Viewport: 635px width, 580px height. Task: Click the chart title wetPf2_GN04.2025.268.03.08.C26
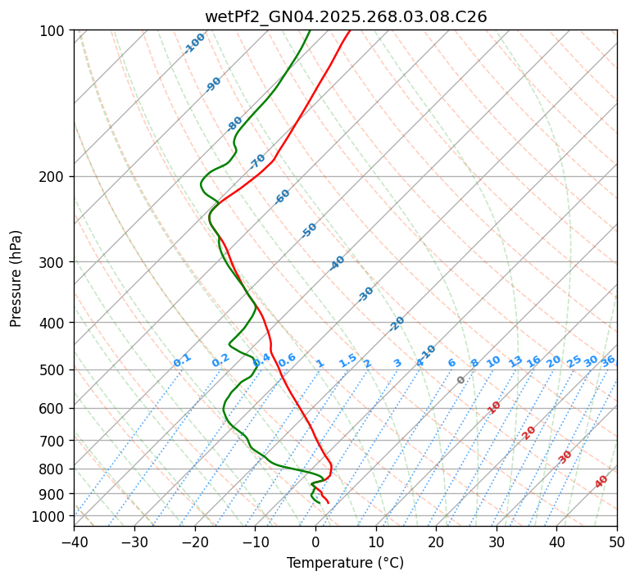[345, 16]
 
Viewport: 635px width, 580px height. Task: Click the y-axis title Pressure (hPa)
[16, 279]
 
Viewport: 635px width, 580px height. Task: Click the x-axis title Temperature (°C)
[345, 564]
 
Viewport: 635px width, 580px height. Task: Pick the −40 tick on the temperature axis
[74, 542]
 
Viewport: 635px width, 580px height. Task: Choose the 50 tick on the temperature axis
[617, 542]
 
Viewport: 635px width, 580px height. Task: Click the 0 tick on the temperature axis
[315, 542]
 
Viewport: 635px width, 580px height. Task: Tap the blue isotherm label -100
[194, 43]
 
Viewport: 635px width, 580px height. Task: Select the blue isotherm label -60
[283, 197]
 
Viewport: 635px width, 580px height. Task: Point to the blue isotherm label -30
[365, 294]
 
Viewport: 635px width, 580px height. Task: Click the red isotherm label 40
[601, 482]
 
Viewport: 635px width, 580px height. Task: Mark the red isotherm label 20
[529, 432]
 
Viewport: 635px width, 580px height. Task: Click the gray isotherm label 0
[461, 380]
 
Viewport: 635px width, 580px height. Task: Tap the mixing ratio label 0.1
[182, 360]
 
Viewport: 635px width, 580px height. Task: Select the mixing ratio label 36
[608, 361]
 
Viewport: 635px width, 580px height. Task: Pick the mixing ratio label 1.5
[347, 360]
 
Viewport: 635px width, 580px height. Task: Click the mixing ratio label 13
[515, 361]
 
